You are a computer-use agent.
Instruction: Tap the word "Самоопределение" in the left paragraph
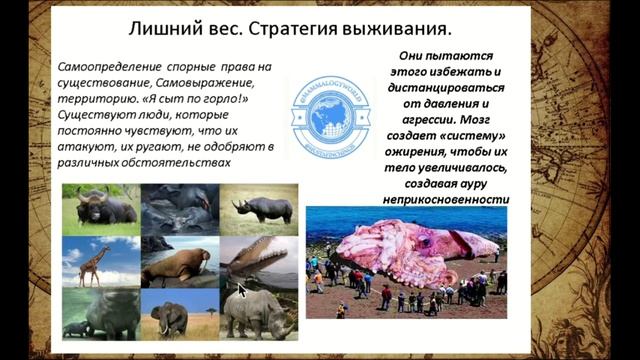[109, 64]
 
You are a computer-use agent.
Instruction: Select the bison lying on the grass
[103, 208]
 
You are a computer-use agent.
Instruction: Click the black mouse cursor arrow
[241, 289]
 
